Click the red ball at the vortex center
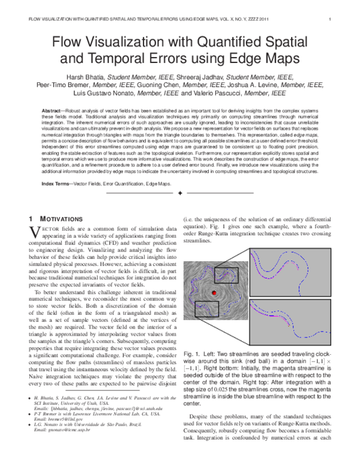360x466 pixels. [214, 293]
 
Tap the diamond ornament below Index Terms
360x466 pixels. [180, 193]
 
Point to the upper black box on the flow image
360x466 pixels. [226, 276]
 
